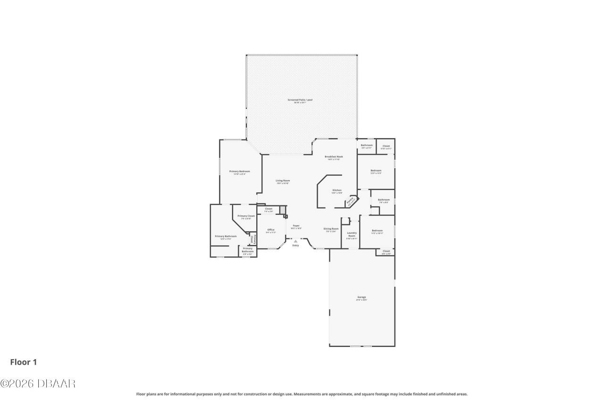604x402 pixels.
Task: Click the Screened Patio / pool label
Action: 300,100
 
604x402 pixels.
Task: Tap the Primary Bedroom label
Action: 239,172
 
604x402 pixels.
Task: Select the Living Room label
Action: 283,181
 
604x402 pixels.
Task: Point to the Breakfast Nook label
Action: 333,157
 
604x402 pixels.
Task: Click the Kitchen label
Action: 336,190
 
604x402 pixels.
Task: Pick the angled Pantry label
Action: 351,202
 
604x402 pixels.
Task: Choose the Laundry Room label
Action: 352,234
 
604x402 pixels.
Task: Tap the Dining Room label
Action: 331,229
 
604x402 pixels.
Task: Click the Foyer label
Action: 296,226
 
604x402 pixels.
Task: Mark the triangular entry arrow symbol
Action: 296,241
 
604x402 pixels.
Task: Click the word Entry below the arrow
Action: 296,246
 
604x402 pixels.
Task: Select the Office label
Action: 271,230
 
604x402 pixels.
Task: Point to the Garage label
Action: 361,297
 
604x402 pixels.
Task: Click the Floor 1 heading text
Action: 24,362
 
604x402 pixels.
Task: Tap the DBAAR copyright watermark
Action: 38,384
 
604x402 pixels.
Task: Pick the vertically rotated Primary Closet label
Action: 253,239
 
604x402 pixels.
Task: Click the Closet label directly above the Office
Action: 268,209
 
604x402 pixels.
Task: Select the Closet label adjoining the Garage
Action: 386,252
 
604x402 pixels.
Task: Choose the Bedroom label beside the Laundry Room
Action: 377,231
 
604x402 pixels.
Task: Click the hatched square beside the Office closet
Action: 283,209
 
